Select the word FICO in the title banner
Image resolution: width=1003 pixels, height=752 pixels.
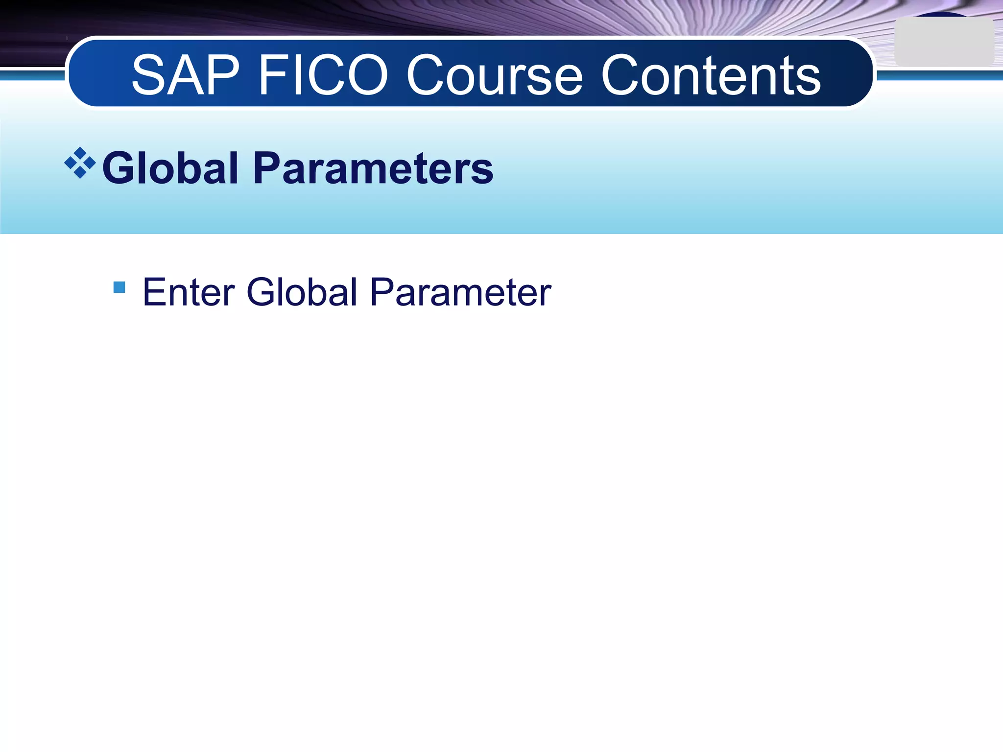pos(323,75)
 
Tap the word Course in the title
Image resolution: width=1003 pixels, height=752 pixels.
pos(495,75)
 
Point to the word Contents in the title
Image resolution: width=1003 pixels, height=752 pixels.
pos(711,75)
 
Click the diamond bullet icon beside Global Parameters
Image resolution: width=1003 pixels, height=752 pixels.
pos(80,163)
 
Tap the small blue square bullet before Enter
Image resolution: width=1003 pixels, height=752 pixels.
pos(119,287)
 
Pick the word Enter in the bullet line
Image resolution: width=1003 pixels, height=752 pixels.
pos(189,292)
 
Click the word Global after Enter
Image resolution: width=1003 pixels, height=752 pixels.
pos(302,292)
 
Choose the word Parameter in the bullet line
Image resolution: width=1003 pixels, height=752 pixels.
pos(460,293)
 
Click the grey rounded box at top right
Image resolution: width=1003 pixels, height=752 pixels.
pos(944,42)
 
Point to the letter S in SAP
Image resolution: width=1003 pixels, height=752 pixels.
pos(148,75)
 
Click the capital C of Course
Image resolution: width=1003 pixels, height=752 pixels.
pos(428,75)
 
